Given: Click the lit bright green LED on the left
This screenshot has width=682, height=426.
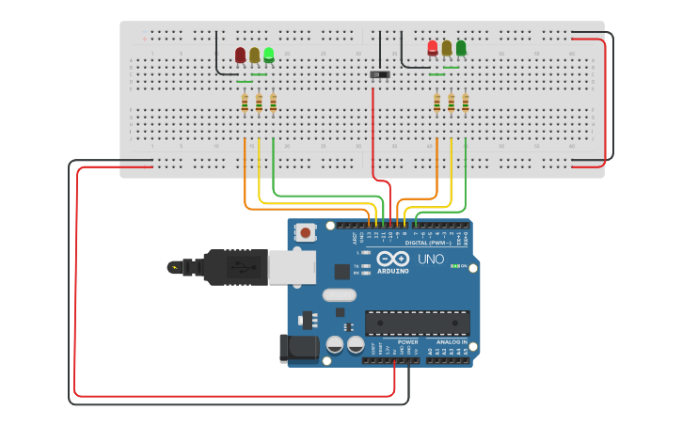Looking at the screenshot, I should point(269,55).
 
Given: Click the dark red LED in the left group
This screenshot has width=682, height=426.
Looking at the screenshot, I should point(241,55).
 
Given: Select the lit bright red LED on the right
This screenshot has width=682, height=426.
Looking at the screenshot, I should point(433,48).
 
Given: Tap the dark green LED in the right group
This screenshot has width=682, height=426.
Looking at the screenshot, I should point(461,48).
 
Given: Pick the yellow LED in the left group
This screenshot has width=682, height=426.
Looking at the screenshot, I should point(255,55).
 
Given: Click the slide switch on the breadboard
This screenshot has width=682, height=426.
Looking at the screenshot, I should point(380,73).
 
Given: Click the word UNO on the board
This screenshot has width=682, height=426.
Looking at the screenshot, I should point(431,259).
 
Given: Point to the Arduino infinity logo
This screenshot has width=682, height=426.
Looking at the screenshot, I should point(392,258).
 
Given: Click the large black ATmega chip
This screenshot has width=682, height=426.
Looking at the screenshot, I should point(417,323).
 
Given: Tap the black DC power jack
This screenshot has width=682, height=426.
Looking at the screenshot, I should point(298,348).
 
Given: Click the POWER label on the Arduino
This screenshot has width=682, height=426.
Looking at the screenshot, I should point(407,342).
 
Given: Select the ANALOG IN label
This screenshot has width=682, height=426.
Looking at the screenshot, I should point(451,342).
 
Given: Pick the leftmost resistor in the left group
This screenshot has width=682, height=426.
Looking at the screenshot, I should point(245,103).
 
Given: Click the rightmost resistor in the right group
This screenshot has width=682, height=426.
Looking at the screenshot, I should point(465,102).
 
